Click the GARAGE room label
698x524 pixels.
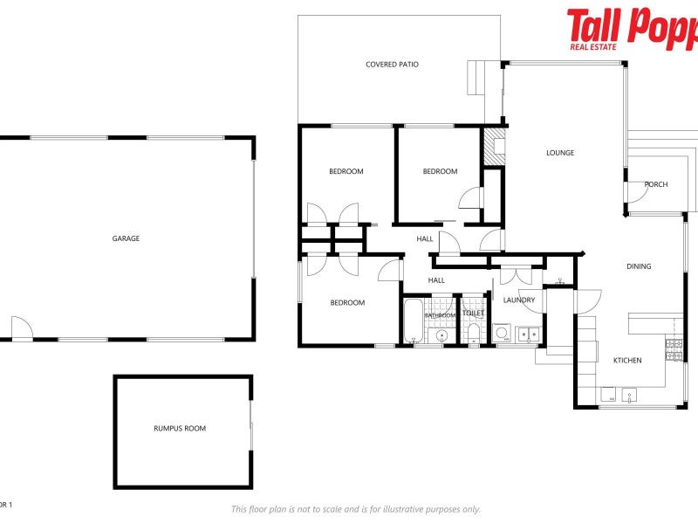126,238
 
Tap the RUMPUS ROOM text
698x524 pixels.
180,428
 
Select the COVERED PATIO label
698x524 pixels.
393,65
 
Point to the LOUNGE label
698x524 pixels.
560,153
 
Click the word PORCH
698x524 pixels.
655,184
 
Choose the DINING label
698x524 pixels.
639,266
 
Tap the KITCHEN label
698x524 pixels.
627,360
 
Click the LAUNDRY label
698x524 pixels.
519,300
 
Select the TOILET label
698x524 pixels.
473,312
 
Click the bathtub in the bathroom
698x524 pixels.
414,321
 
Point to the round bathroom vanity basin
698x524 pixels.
442,334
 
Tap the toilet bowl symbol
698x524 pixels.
473,333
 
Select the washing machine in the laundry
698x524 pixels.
503,332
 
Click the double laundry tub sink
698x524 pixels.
527,333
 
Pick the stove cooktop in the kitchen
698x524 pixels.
674,349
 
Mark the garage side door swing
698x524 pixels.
20,328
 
